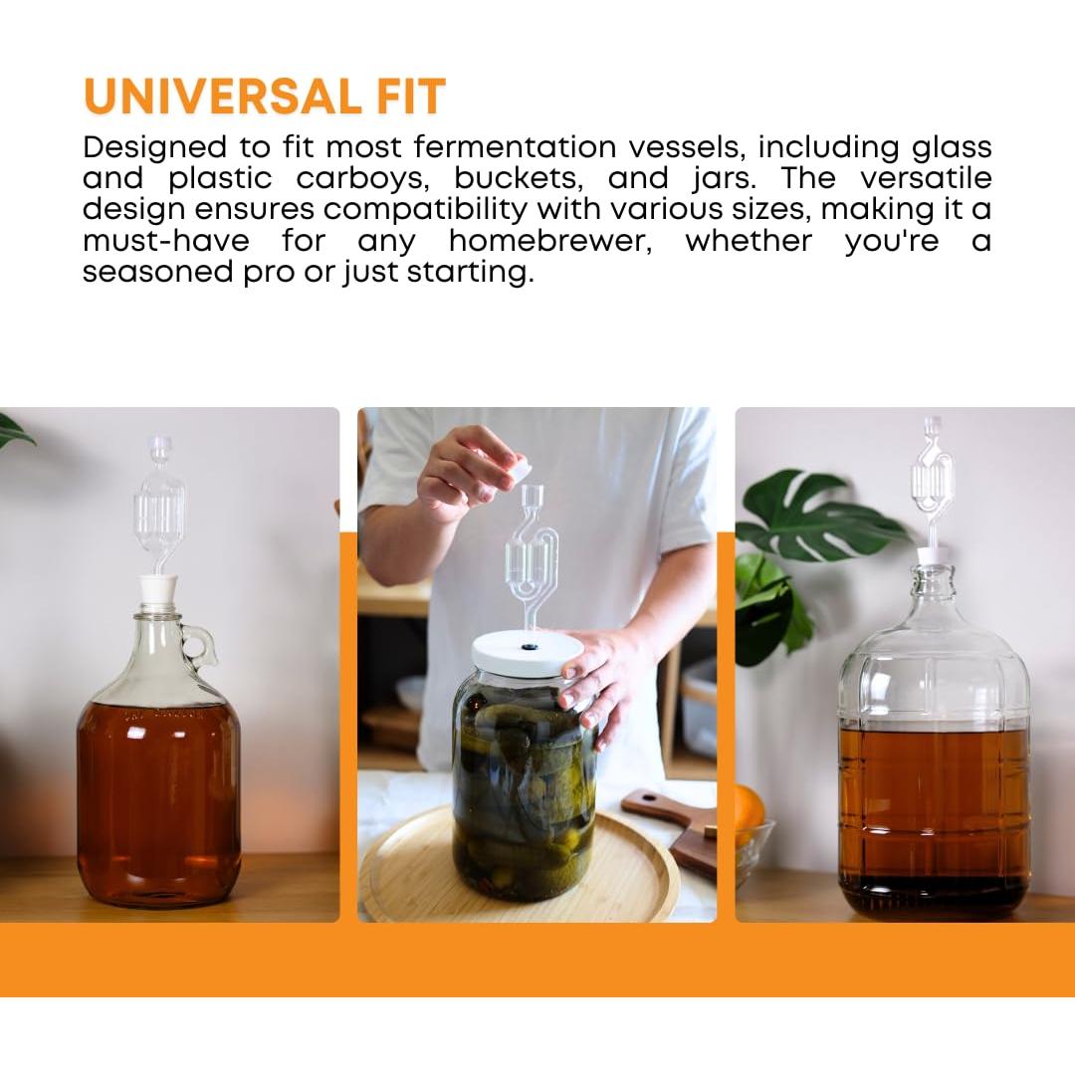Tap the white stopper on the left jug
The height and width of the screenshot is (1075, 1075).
(x=158, y=588)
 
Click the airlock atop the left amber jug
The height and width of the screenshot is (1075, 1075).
(x=159, y=508)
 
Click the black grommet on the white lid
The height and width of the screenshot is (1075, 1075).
(x=527, y=646)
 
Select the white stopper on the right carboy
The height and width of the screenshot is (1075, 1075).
(x=934, y=555)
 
